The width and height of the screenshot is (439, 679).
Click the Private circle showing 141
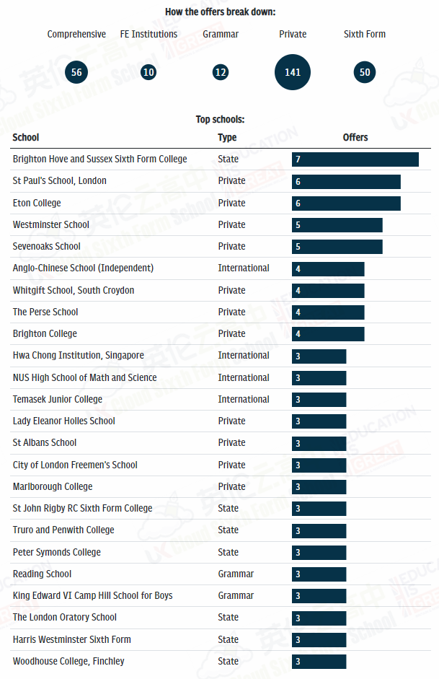click(293, 72)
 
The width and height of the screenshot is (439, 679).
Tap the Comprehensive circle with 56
click(76, 72)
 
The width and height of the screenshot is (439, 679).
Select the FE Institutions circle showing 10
click(148, 72)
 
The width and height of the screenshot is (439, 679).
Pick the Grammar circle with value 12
click(221, 72)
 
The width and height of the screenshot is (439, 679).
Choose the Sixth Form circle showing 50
click(365, 72)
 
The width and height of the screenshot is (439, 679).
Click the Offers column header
click(355, 137)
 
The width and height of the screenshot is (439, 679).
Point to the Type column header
click(227, 137)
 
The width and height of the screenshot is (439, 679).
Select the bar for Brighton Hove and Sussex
click(355, 159)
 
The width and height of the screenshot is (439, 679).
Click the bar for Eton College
click(346, 203)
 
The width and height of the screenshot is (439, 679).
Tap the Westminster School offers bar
click(337, 225)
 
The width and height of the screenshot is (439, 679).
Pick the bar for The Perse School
click(328, 312)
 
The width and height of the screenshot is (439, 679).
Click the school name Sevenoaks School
click(47, 246)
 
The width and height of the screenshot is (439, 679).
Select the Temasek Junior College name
click(58, 399)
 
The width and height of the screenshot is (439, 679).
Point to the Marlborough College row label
click(53, 486)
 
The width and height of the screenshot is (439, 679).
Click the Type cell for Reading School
click(236, 574)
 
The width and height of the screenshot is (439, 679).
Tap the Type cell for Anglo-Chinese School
click(244, 268)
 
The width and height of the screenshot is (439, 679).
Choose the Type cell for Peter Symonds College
click(228, 552)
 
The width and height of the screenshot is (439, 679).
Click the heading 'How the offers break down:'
click(220, 12)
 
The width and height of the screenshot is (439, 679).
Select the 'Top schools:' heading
click(220, 120)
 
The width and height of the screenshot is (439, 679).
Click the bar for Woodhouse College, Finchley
click(319, 662)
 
